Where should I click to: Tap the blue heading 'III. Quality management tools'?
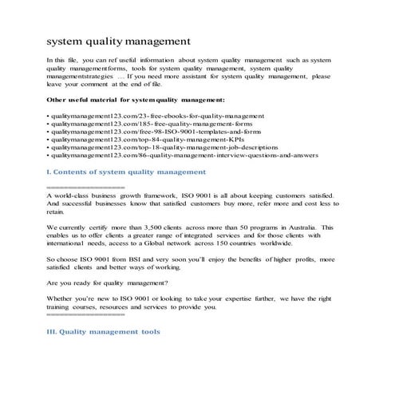(104, 331)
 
